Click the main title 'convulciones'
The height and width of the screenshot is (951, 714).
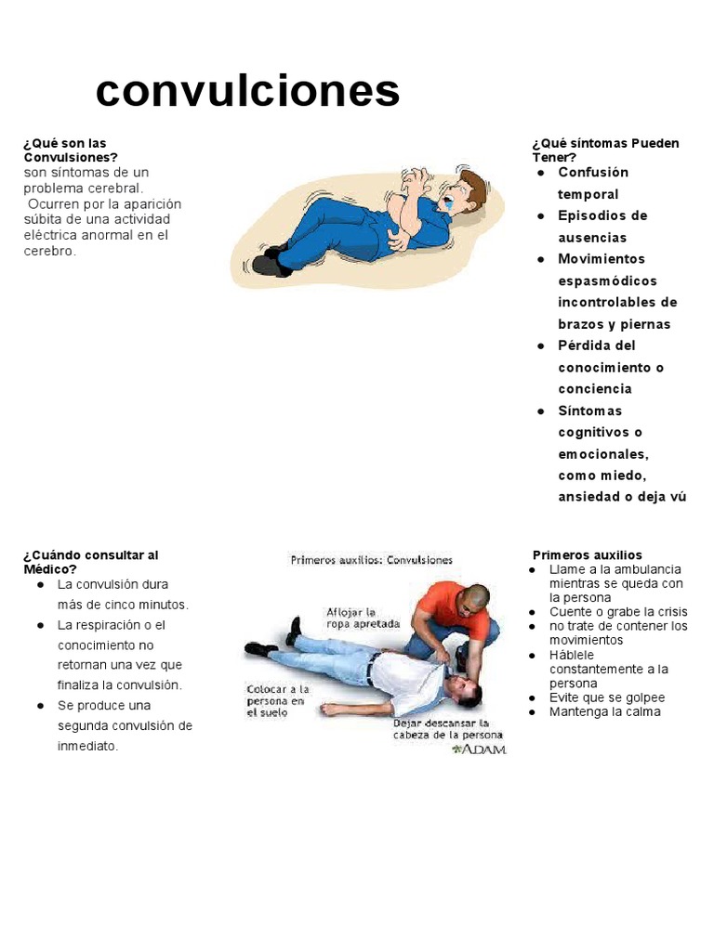(x=247, y=91)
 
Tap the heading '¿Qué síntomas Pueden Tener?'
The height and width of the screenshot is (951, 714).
(x=605, y=150)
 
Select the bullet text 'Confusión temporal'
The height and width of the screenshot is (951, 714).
(x=593, y=183)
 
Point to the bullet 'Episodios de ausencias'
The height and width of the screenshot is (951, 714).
(x=602, y=227)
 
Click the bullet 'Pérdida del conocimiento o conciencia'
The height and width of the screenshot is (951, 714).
(x=610, y=367)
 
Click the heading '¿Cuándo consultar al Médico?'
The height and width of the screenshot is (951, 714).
(x=90, y=562)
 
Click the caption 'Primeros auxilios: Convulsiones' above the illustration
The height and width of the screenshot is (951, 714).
(x=372, y=560)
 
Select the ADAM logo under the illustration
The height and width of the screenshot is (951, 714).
(x=479, y=749)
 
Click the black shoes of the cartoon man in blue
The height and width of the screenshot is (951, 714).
(x=271, y=262)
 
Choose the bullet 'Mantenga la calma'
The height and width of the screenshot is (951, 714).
(x=604, y=712)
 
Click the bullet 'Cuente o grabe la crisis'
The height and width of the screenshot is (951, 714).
(x=618, y=612)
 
